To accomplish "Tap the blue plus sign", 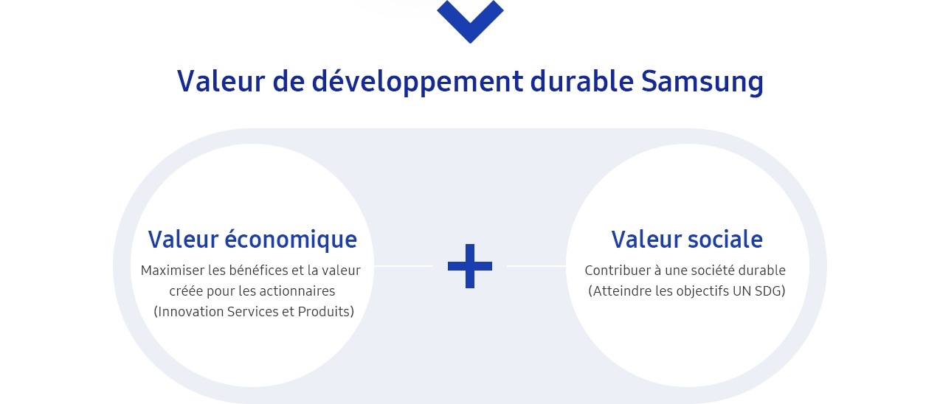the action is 470,266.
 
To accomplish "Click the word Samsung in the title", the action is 702,82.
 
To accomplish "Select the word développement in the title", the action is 417,82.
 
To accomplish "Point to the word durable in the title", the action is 581,81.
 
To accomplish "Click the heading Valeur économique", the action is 252,240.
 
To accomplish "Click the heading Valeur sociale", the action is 687,240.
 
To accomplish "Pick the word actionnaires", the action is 294,291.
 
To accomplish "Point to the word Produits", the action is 324,312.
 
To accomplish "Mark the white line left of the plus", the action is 404,265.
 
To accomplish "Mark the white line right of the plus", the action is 536,265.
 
